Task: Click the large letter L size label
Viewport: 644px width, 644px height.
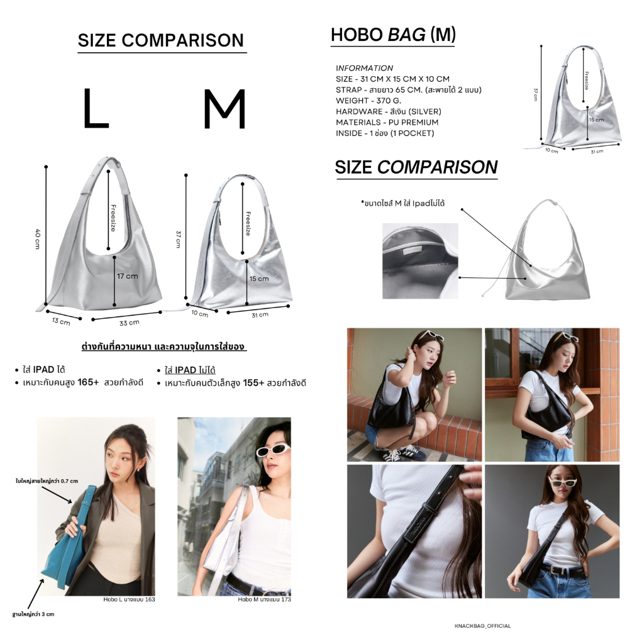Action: coord(96,108)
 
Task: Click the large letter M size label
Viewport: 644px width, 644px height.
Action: coord(225,109)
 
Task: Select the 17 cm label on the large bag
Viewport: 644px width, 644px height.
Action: coord(127,276)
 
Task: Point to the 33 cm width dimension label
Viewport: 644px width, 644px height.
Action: coord(130,323)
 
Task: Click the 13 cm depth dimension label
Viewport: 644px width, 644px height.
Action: coord(61,321)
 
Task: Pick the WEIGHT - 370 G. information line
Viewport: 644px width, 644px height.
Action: coord(369,101)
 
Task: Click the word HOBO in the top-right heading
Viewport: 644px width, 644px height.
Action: coord(357,35)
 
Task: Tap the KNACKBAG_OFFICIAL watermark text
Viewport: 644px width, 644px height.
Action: coord(482,626)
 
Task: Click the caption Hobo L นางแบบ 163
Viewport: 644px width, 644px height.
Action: coord(129,599)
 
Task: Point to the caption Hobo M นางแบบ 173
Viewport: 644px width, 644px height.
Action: coord(264,599)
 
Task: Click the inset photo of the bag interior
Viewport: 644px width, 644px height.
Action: coord(420,261)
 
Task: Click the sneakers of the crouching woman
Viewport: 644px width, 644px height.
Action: coord(398,453)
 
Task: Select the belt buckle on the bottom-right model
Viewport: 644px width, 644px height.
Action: coord(557,570)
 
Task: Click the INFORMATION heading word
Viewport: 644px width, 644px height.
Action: coord(364,68)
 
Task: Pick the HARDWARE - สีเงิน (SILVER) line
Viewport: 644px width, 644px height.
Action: coord(389,111)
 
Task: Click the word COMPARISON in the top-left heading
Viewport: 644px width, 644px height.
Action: coord(183,40)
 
